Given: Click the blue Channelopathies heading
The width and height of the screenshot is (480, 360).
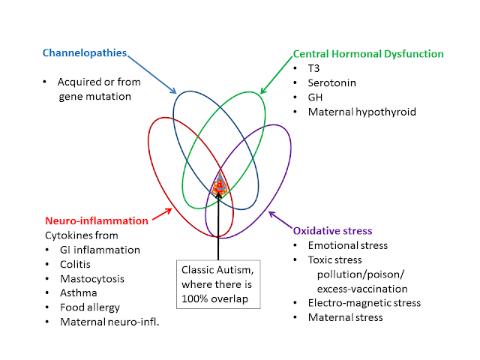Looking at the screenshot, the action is pyautogui.click(x=85, y=53).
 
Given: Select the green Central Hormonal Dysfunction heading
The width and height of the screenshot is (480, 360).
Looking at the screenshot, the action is pyautogui.click(x=368, y=54).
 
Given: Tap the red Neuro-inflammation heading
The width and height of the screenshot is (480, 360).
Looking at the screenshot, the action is pyautogui.click(x=97, y=220).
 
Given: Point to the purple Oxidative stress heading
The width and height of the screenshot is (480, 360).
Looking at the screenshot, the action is pyautogui.click(x=332, y=231).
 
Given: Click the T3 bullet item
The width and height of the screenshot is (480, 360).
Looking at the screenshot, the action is pyautogui.click(x=313, y=68).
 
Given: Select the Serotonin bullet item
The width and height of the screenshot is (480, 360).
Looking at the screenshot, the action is pyautogui.click(x=331, y=83).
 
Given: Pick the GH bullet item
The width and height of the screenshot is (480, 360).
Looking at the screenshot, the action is pyautogui.click(x=315, y=97).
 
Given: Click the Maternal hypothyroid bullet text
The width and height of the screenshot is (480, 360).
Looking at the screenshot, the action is pyautogui.click(x=361, y=112).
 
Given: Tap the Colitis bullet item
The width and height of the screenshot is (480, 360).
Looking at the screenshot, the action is pyautogui.click(x=75, y=265).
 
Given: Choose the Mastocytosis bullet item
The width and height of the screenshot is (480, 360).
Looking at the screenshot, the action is pyautogui.click(x=92, y=279).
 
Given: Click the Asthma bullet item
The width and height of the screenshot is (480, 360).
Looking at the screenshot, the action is pyautogui.click(x=78, y=293).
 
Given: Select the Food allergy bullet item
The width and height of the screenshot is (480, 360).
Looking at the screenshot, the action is pyautogui.click(x=90, y=307).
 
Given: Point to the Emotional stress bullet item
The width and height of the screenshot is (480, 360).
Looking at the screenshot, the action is pyautogui.click(x=348, y=245).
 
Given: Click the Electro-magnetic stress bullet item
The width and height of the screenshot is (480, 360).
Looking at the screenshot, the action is pyautogui.click(x=364, y=303).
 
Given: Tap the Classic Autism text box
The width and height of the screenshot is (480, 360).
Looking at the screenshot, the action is pyautogui.click(x=218, y=284).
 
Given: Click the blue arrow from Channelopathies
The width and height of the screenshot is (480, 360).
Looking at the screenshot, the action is pyautogui.click(x=151, y=74).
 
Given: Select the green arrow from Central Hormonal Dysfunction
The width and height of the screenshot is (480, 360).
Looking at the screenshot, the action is pyautogui.click(x=277, y=75).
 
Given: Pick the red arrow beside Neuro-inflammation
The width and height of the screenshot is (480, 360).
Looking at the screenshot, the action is pyautogui.click(x=162, y=214).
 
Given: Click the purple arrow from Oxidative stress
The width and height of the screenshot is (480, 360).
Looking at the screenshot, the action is pyautogui.click(x=280, y=220).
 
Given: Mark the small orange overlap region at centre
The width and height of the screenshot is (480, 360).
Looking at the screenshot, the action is pyautogui.click(x=220, y=184).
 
